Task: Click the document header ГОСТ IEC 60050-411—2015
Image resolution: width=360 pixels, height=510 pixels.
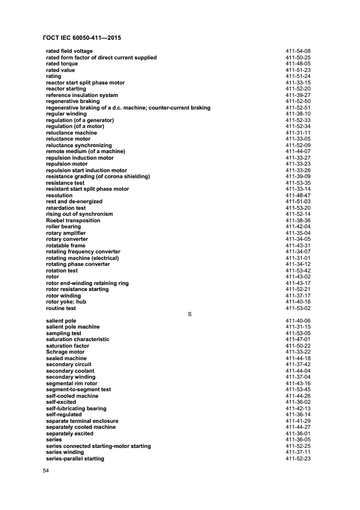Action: coord(81,38)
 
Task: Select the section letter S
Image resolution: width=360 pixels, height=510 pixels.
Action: coord(190,314)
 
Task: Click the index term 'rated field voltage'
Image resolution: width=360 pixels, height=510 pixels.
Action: coord(69,51)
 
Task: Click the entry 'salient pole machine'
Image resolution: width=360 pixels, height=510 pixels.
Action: coord(72,327)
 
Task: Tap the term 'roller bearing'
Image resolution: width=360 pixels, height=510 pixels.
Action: coord(64,227)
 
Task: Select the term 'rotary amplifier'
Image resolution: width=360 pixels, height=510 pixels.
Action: coord(66,233)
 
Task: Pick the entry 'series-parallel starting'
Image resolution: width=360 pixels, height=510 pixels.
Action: coord(75,459)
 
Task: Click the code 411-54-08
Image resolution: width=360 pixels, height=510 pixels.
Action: coord(298,51)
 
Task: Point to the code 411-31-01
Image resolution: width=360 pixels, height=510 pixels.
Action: coord(298,258)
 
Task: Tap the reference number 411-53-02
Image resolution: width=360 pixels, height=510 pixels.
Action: coord(298,308)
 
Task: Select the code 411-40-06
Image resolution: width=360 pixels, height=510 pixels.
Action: coord(298,321)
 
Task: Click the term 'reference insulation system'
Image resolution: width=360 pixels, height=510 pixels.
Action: coord(82,95)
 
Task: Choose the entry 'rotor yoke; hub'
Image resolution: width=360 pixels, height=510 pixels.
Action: coord(66,302)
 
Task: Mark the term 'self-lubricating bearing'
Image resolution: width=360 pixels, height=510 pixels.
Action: coord(76,409)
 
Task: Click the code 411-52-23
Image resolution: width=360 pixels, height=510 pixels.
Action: coord(298,459)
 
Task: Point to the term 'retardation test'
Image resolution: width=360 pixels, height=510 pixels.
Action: coord(65,208)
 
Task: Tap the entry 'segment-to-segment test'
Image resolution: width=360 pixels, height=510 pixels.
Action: coord(78,390)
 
